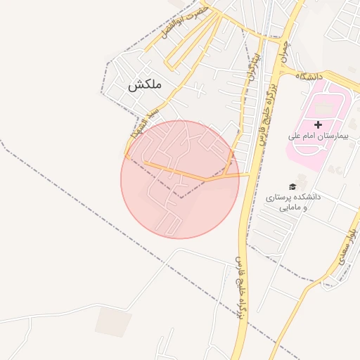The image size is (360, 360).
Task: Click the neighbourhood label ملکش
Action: [145, 85]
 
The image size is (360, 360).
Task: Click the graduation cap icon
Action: [292, 186]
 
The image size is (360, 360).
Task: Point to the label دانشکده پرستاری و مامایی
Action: [292, 202]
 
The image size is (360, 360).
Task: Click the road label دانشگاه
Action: [309, 75]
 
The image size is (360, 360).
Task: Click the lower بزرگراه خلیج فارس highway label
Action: [240, 292]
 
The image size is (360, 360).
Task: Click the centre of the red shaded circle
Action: [180, 179]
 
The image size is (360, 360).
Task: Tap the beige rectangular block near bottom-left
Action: [113, 321]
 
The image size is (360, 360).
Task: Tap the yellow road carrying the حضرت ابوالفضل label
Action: [176, 35]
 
